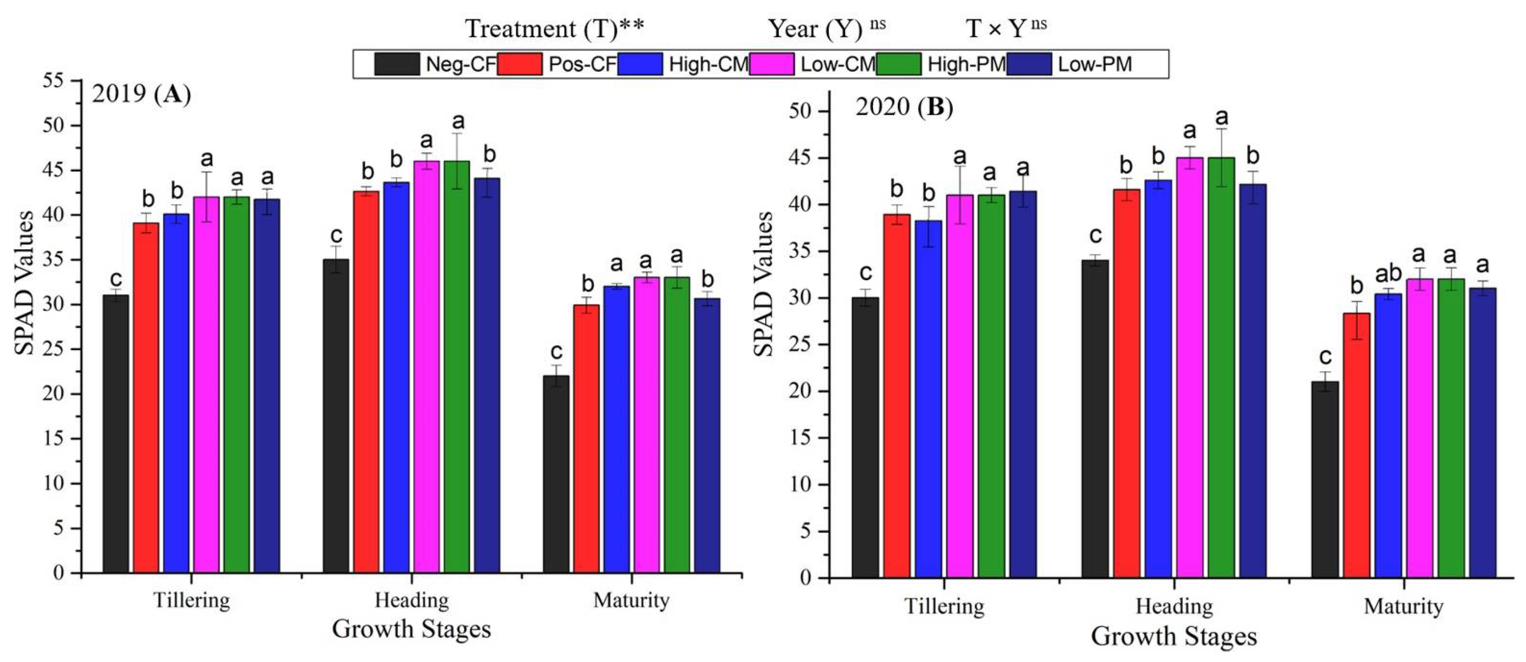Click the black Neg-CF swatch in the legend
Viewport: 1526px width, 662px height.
(x=396, y=64)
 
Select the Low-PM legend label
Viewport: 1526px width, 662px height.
(x=1095, y=64)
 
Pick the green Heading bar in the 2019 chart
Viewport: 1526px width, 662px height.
(x=457, y=367)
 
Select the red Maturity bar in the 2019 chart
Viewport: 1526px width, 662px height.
(x=586, y=438)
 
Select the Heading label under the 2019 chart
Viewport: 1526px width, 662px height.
(x=412, y=600)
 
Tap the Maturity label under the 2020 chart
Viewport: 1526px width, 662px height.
(x=1404, y=606)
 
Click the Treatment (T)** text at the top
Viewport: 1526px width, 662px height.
(x=555, y=29)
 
